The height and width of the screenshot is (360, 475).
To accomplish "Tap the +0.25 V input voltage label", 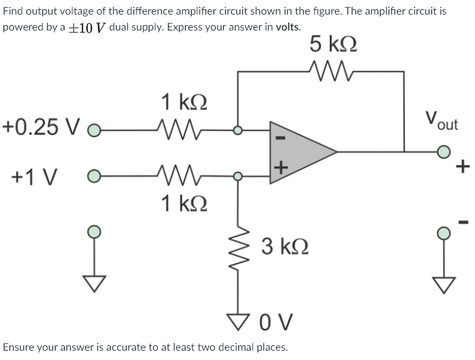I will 41,127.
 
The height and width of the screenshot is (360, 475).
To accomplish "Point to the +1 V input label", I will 33,178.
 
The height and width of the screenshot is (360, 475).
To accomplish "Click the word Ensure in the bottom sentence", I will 20,347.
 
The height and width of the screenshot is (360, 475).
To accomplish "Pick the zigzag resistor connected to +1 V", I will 174,177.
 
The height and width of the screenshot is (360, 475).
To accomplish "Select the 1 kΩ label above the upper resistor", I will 183,103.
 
